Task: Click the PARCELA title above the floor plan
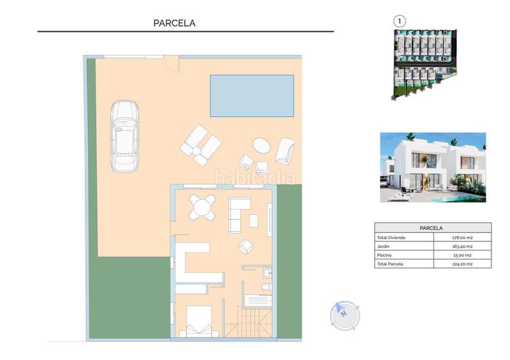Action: point(174,23)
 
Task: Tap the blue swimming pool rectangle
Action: point(252,96)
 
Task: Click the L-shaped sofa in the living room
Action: point(240,213)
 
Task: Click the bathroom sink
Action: point(268,273)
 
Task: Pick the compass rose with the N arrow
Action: point(344,313)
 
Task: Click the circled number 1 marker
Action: point(400,21)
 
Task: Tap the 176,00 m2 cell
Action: point(462,237)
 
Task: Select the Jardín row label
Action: point(383,246)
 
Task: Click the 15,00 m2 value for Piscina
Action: point(462,254)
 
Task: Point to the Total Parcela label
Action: point(391,263)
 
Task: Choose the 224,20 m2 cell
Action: point(462,263)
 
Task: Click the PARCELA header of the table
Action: point(432,227)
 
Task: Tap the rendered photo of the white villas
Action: point(433,167)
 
